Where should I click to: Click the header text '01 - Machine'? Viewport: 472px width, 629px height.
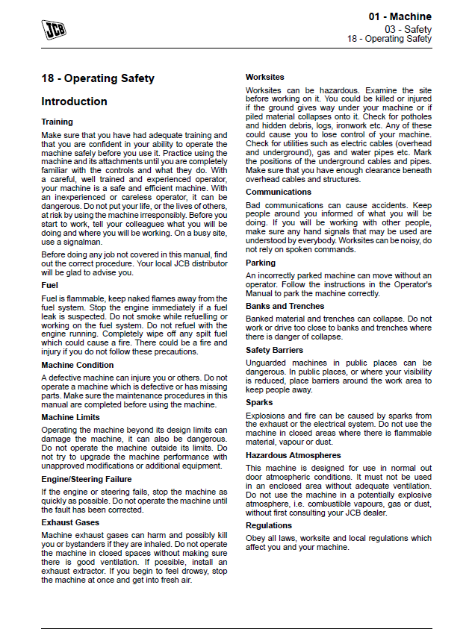(400, 17)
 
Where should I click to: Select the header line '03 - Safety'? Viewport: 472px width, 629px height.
(409, 29)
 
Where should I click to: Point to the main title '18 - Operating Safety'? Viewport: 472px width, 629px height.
(98, 78)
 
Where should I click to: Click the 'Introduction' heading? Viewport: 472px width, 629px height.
(74, 101)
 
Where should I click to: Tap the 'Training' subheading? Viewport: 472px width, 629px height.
(57, 122)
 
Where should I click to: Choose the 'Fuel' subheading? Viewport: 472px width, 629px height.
(49, 285)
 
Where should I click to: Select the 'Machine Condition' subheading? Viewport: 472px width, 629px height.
(78, 365)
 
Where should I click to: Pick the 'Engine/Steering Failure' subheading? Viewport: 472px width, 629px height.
(86, 479)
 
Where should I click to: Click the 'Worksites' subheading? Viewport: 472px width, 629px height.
(265, 77)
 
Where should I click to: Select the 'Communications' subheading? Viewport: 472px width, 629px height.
(279, 192)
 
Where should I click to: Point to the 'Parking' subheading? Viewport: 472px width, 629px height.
(261, 263)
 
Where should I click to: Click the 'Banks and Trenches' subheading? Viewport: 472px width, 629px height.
(285, 306)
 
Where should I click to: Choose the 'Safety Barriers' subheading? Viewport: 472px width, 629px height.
(275, 350)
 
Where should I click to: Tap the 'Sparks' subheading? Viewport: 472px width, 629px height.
(259, 402)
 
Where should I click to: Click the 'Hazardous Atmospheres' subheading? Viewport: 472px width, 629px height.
(294, 454)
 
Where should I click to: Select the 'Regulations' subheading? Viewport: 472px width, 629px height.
(269, 525)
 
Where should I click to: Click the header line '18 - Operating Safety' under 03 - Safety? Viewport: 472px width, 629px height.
(389, 39)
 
